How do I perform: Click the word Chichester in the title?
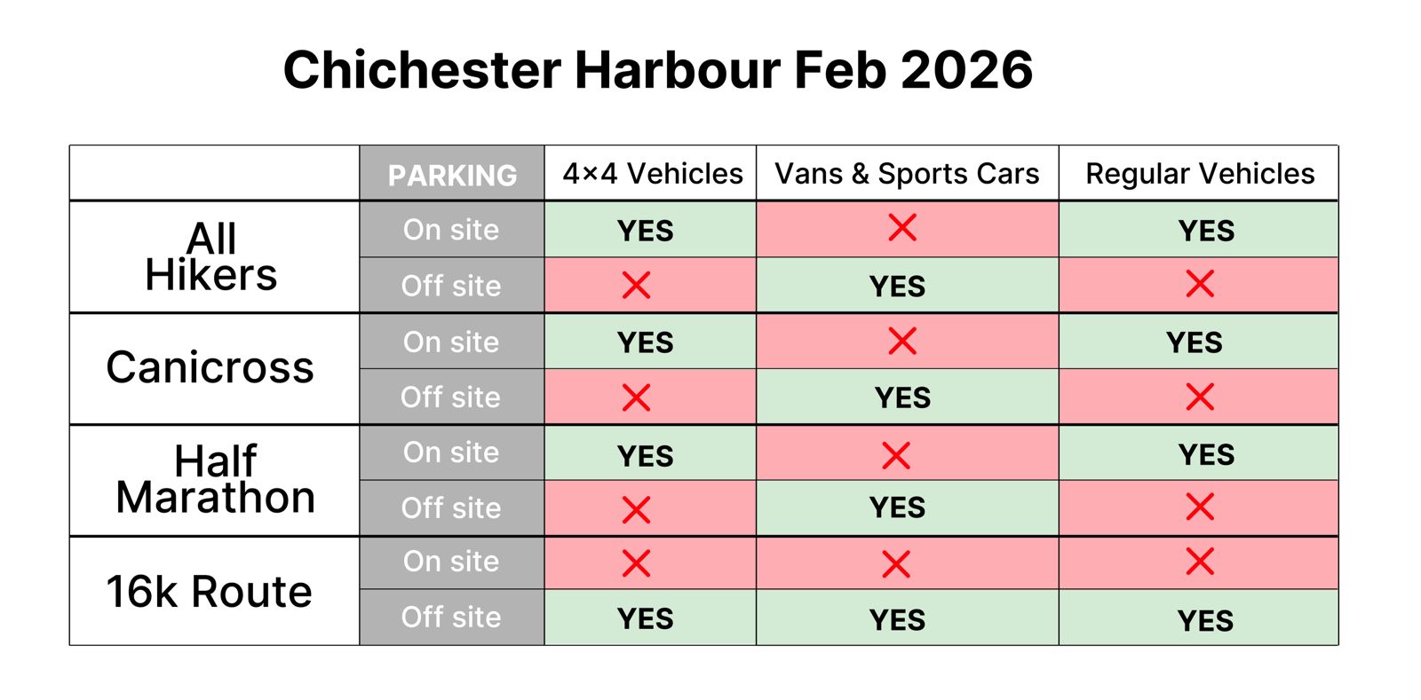pyautogui.click(x=422, y=70)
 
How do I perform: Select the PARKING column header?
pyautogui.click(x=452, y=175)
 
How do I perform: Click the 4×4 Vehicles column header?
pyautogui.click(x=652, y=174)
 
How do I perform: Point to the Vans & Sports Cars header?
pyautogui.click(x=907, y=174)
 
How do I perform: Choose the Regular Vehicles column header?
pyautogui.click(x=1199, y=174)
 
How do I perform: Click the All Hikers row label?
pyautogui.click(x=211, y=256)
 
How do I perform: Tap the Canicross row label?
pyautogui.click(x=210, y=367)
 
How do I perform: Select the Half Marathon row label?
pyautogui.click(x=215, y=479)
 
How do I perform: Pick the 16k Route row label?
pyautogui.click(x=210, y=591)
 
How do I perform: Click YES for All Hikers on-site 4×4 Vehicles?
pyautogui.click(x=646, y=231)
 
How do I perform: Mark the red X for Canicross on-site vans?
pyautogui.click(x=902, y=341)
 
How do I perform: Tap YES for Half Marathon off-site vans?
pyautogui.click(x=897, y=507)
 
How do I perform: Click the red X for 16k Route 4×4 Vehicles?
pyautogui.click(x=637, y=562)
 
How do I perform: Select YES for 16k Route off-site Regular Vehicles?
pyautogui.click(x=1205, y=620)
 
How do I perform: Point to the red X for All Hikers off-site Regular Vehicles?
pyautogui.click(x=1200, y=285)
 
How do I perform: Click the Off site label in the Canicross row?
pyautogui.click(x=450, y=397)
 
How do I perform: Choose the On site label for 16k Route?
pyautogui.click(x=451, y=562)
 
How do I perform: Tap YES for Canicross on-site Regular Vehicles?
pyautogui.click(x=1194, y=342)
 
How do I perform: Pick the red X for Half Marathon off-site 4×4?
pyautogui.click(x=637, y=509)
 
